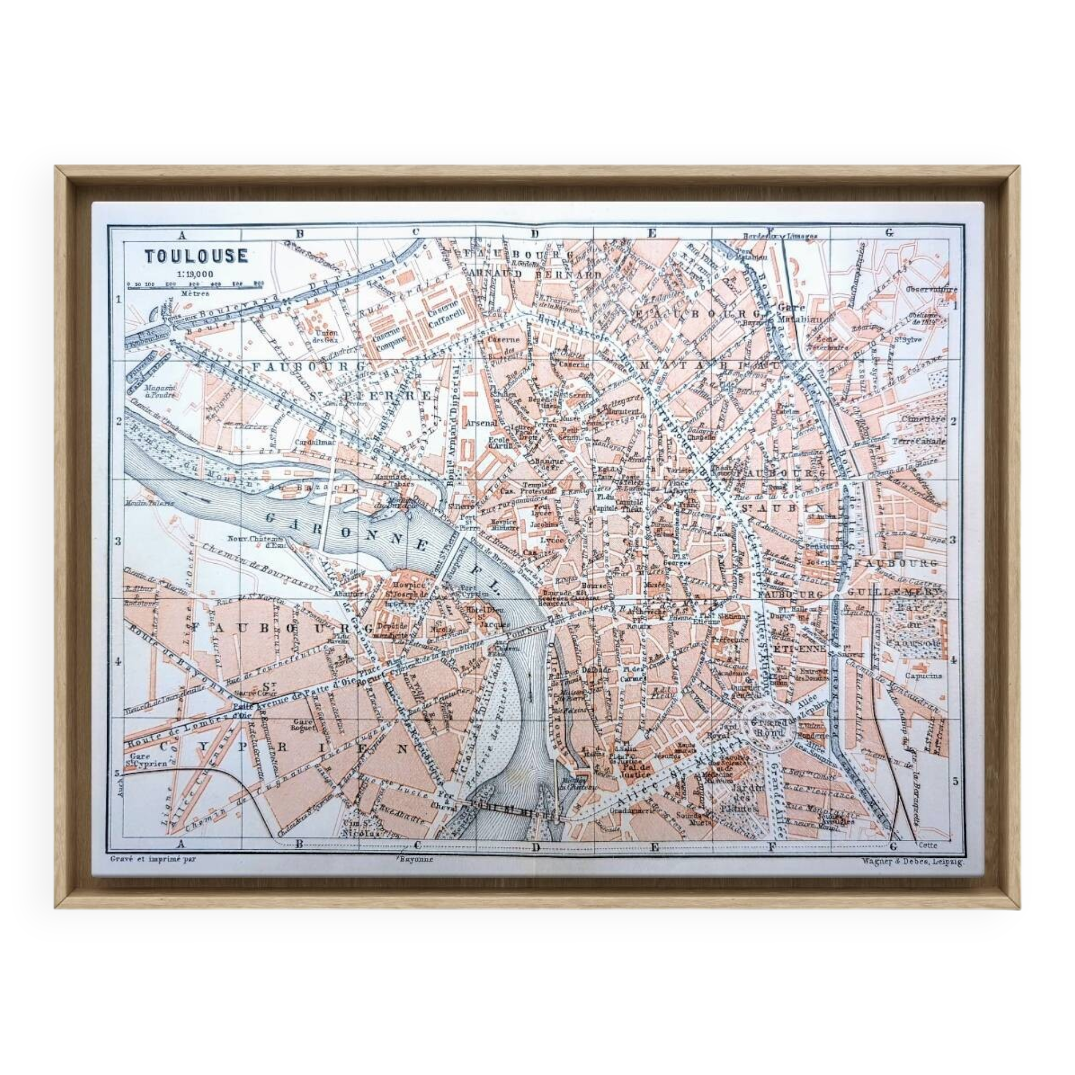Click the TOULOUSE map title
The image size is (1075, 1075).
[196, 256]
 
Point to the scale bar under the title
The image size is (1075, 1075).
[195, 284]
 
